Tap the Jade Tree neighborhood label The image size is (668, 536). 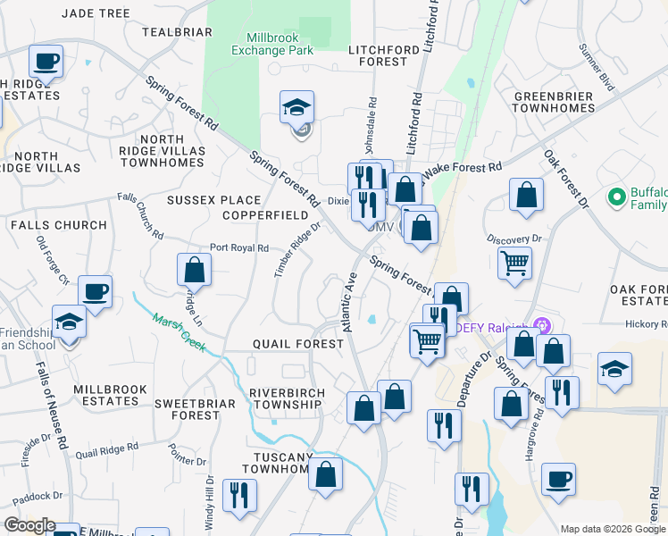pos(96,13)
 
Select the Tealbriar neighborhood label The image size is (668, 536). pos(177,32)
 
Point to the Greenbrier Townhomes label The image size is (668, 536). pos(554,101)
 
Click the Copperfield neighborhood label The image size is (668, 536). pos(266,216)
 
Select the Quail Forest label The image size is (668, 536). pos(298,343)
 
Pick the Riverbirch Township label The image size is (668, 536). pos(285,398)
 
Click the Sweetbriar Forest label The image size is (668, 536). pos(194,409)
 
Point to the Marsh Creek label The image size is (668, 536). pos(180,332)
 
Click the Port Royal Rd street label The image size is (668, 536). pos(238,248)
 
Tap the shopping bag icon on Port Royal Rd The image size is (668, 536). pos(194,272)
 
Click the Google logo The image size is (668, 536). pos(29,525)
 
